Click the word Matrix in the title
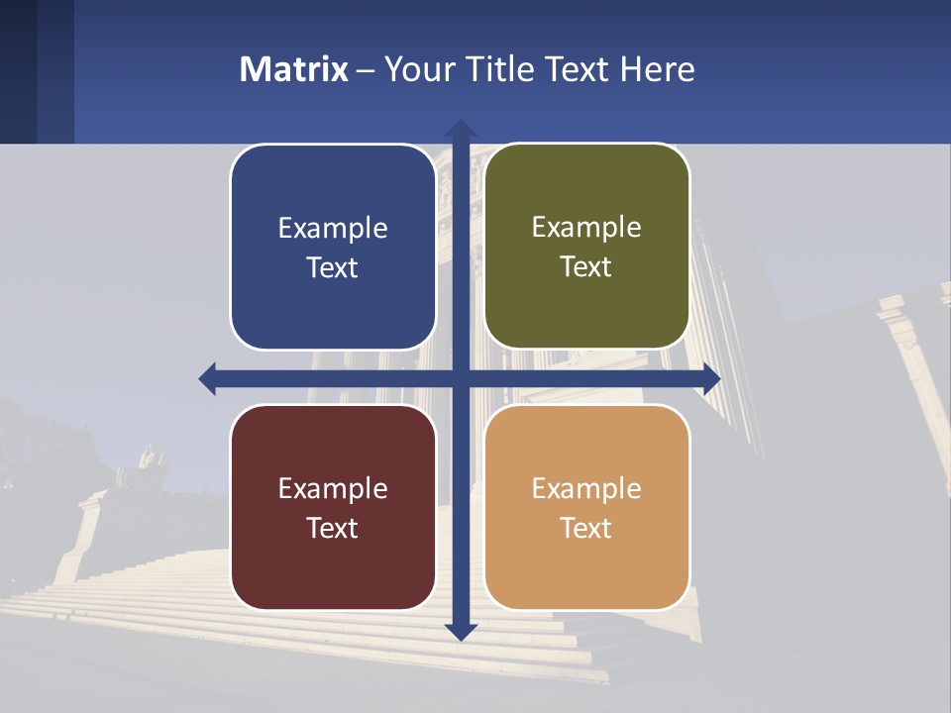click(294, 69)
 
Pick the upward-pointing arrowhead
click(460, 129)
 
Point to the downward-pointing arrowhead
click(460, 631)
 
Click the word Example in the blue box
click(333, 229)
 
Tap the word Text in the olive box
click(586, 267)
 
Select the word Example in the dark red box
click(333, 488)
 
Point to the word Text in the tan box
click(586, 528)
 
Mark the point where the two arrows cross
click(460, 378)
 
